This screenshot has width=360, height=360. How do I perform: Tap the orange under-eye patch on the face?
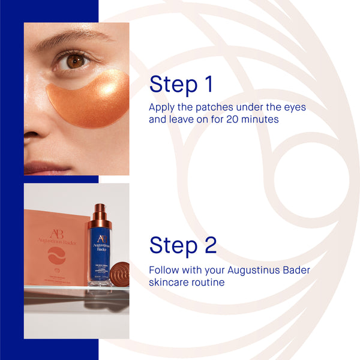[x=90, y=99]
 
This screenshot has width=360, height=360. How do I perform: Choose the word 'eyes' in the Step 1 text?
[x=294, y=107]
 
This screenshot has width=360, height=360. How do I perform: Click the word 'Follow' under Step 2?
[x=164, y=270]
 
